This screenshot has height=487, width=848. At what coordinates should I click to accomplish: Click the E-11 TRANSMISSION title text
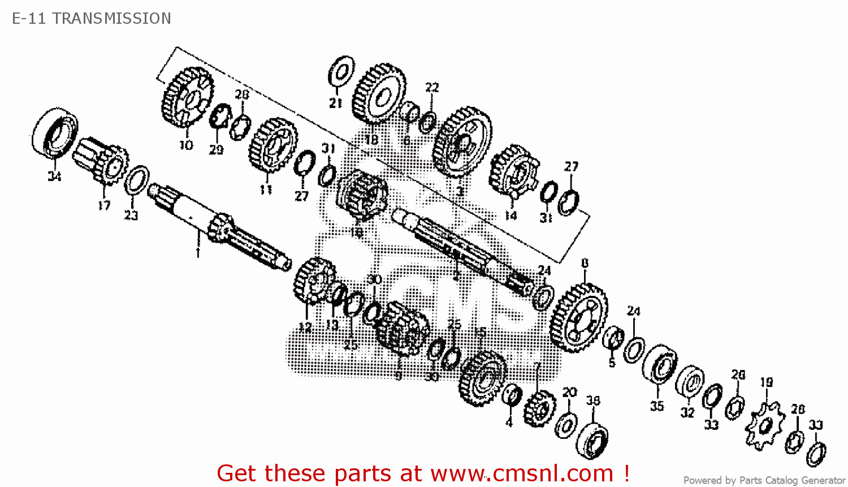(x=92, y=19)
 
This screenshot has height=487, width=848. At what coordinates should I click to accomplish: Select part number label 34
(x=54, y=176)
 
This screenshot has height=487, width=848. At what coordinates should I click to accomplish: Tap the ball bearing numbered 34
(x=55, y=133)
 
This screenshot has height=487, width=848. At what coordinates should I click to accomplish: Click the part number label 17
(x=104, y=205)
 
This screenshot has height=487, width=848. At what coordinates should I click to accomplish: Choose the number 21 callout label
(x=336, y=103)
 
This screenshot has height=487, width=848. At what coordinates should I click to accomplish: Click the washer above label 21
(x=341, y=72)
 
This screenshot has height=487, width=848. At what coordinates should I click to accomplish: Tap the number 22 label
(x=432, y=87)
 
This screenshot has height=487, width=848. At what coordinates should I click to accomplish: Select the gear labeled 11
(x=272, y=146)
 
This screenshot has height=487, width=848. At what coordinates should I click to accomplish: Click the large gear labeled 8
(x=578, y=317)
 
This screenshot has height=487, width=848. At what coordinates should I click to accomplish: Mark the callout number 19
(x=766, y=382)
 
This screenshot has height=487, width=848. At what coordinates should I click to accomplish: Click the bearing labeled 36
(x=592, y=439)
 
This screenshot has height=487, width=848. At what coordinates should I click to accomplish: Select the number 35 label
(x=657, y=406)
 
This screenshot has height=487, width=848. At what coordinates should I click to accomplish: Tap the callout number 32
(x=687, y=412)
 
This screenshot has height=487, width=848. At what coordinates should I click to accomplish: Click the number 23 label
(x=131, y=215)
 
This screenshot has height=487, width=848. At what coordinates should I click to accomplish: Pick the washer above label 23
(x=136, y=180)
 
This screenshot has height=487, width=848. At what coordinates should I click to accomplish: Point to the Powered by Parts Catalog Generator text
(x=764, y=480)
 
